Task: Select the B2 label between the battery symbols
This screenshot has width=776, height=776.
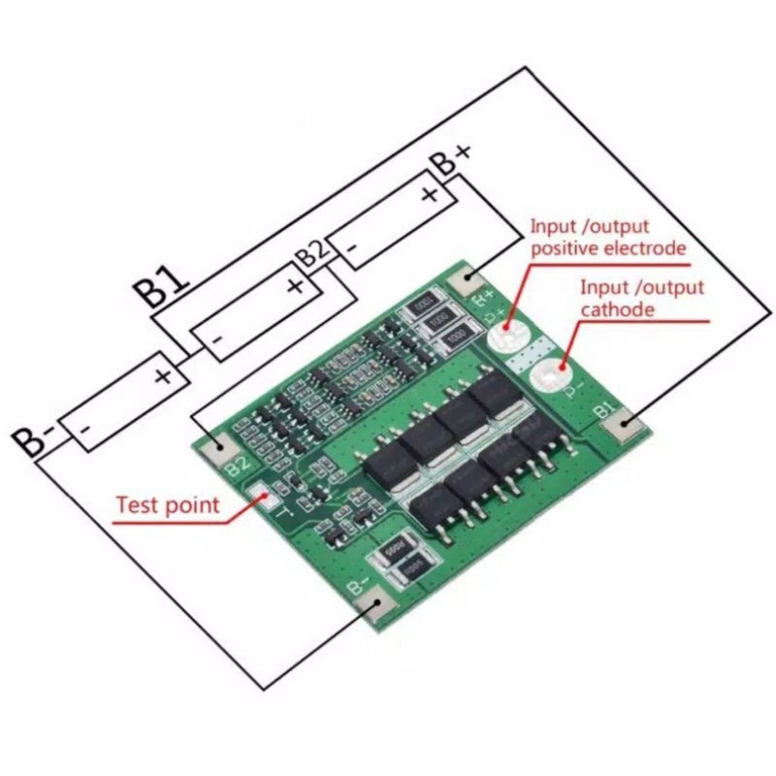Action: pyautogui.click(x=312, y=256)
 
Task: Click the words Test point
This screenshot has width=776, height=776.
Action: pyautogui.click(x=168, y=504)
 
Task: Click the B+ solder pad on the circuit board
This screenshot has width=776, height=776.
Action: pyautogui.click(x=468, y=280)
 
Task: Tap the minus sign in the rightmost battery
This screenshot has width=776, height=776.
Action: pyautogui.click(x=353, y=249)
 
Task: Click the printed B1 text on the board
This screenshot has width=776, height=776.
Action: pyautogui.click(x=605, y=410)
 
